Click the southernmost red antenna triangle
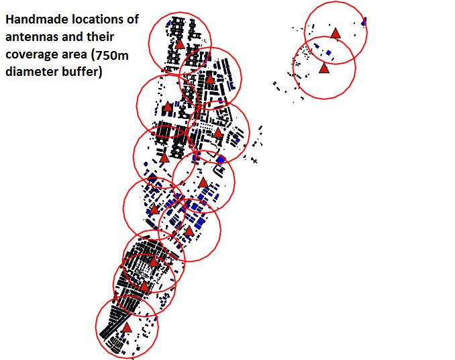tap(126, 327)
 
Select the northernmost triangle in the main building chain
tap(180, 43)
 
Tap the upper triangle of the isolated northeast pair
tap(335, 32)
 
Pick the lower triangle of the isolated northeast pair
tap(324, 68)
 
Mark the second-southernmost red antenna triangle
tap(144, 285)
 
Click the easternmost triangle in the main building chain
tap(217, 133)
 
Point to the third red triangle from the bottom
tap(153, 261)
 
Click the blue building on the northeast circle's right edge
tap(364, 21)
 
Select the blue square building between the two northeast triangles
tap(330, 52)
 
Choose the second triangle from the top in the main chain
tap(209, 79)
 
